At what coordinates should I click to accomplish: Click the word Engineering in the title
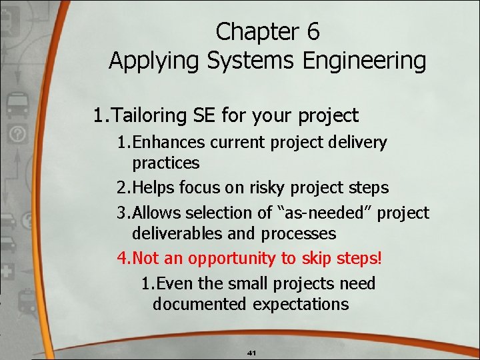(x=365, y=61)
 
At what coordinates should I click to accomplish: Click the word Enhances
(x=171, y=142)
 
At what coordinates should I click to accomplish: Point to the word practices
(x=165, y=163)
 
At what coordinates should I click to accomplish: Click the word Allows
(x=157, y=213)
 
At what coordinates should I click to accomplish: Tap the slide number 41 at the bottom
(x=252, y=352)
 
